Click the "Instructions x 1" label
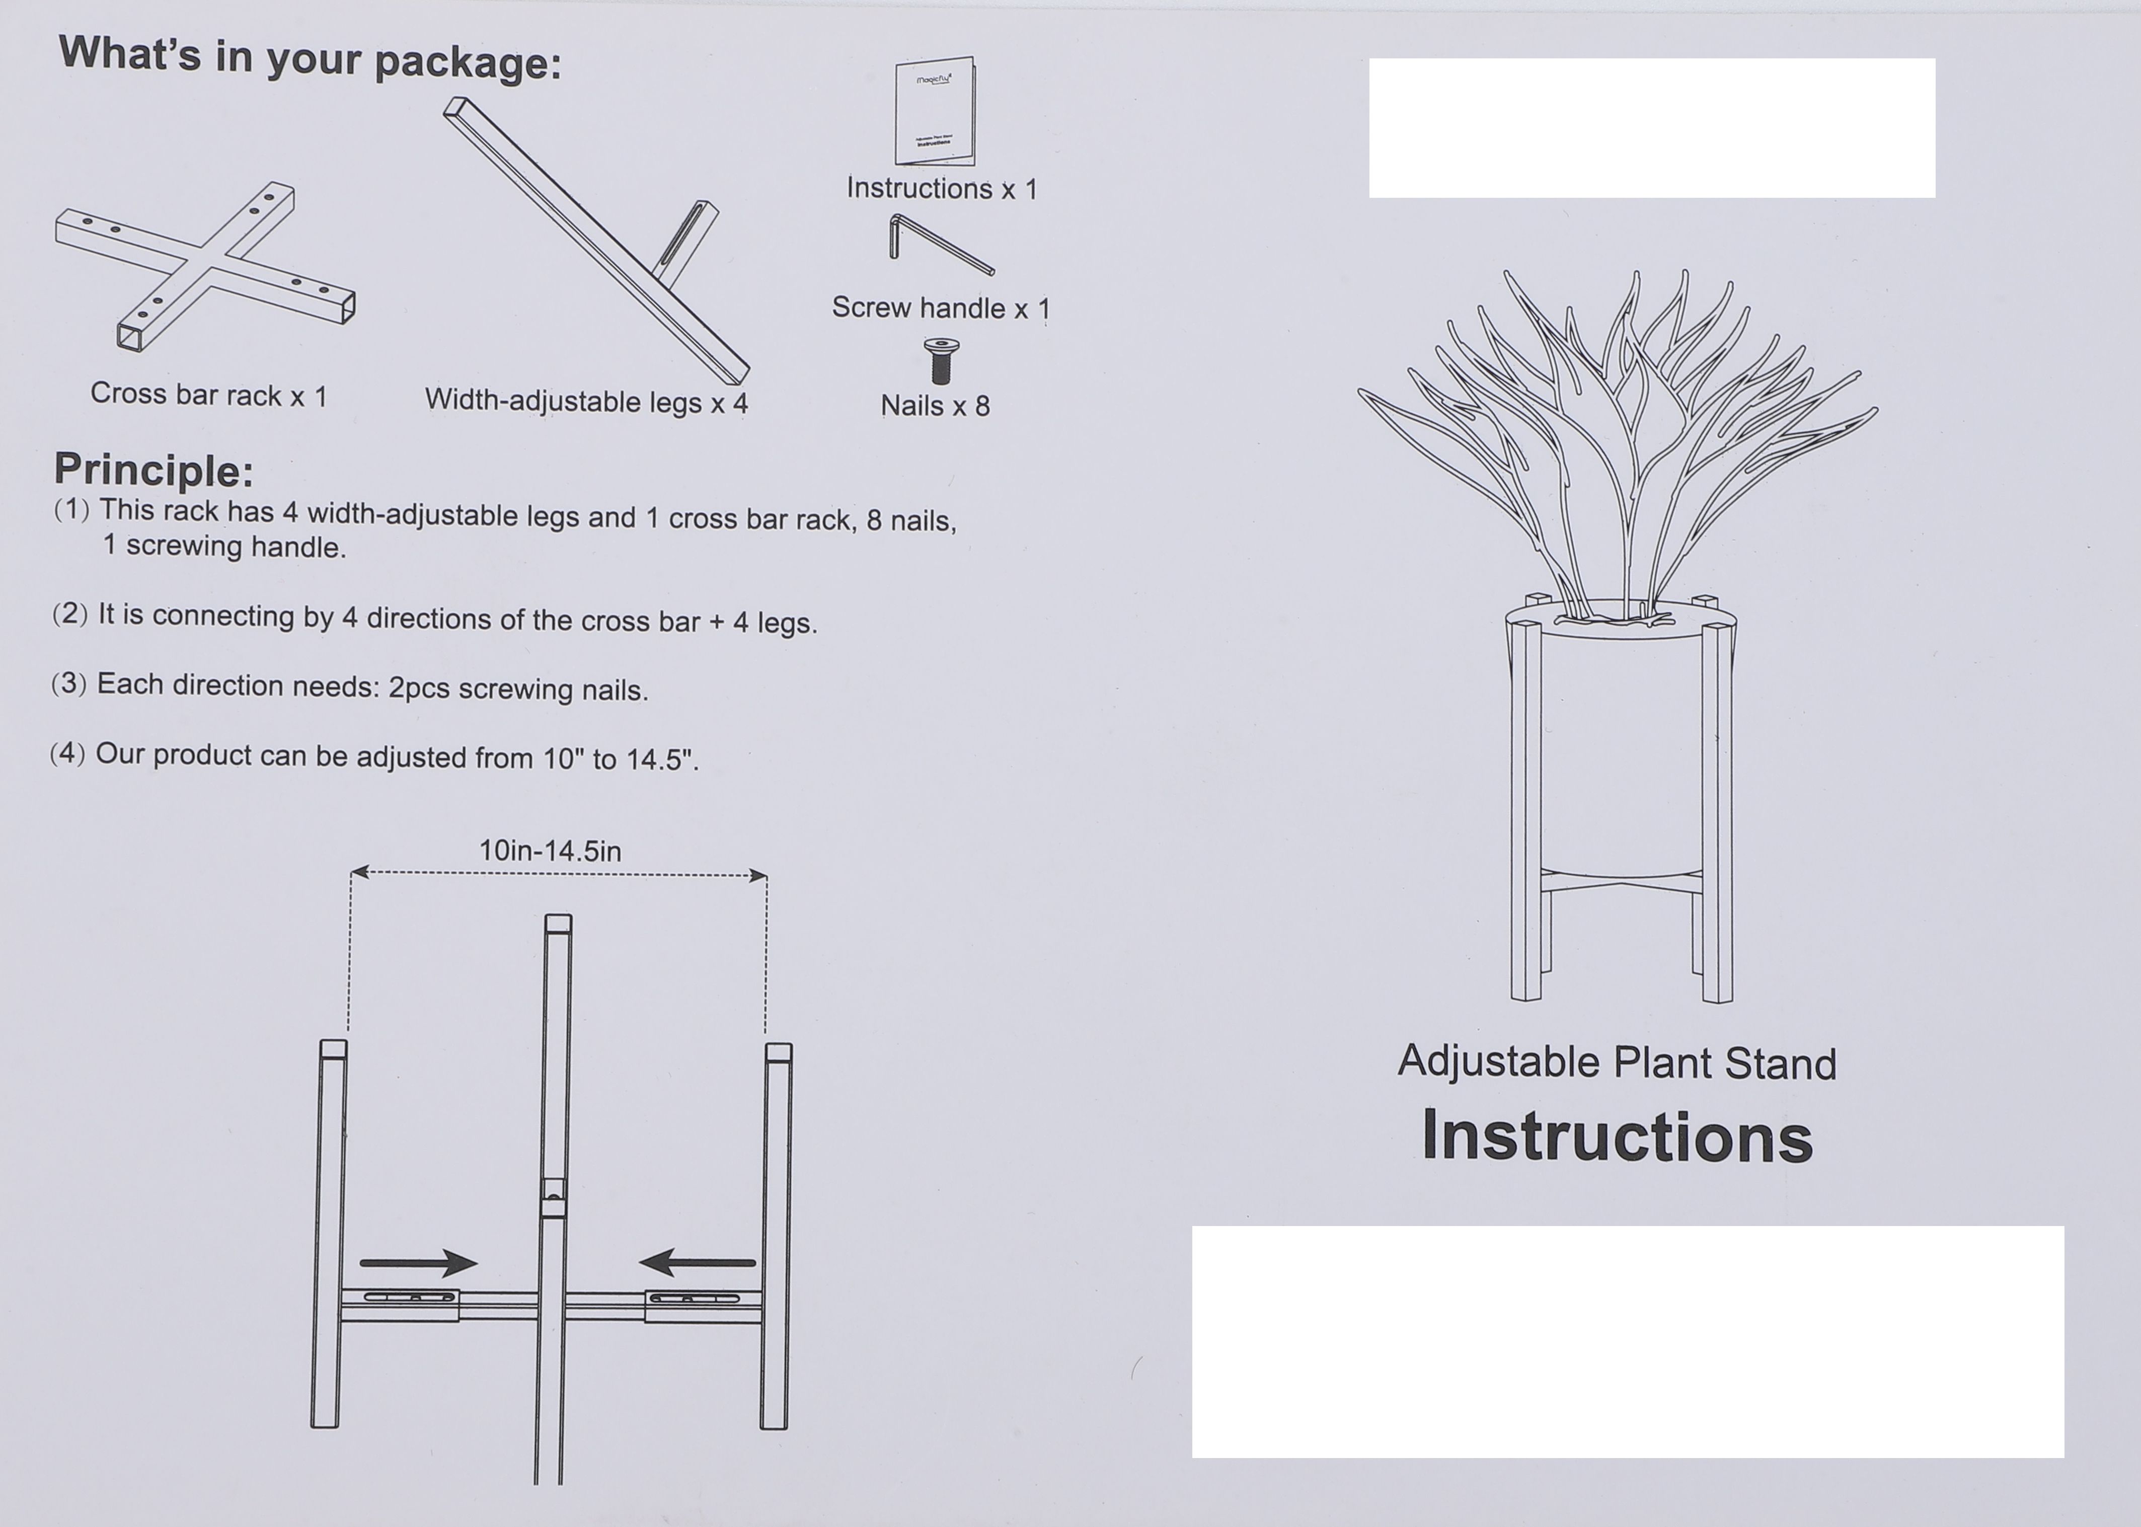(941, 189)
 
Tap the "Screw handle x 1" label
(940, 309)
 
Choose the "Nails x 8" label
(935, 406)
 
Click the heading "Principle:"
(154, 470)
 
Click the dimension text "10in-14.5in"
(550, 851)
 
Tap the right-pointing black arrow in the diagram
(418, 1263)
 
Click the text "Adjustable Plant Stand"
(1617, 1062)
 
